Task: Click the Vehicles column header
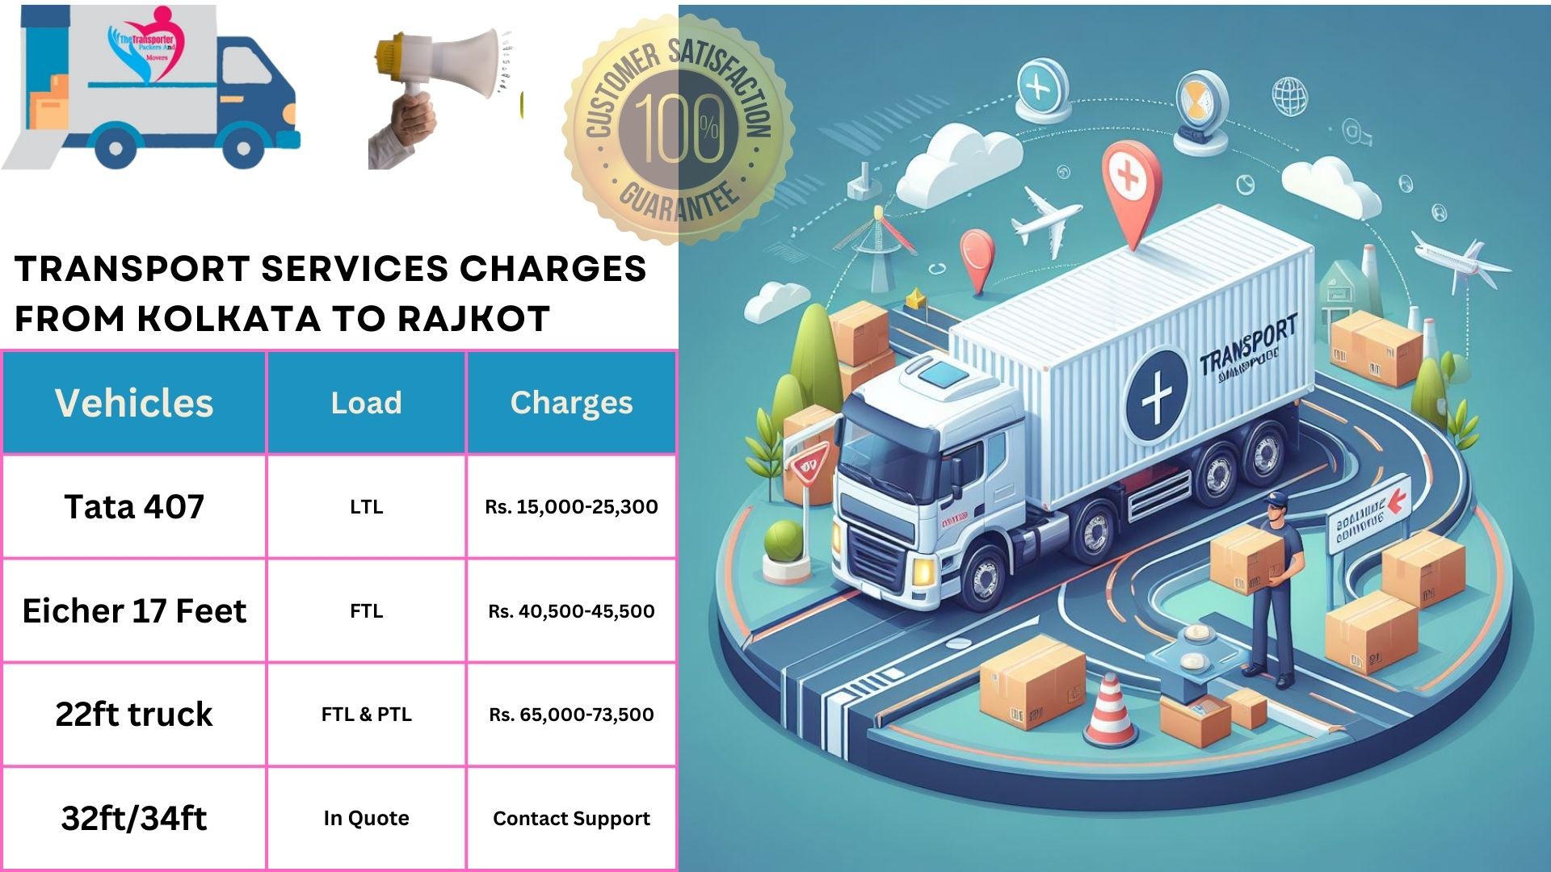(134, 402)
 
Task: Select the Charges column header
(571, 402)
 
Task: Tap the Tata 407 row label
(134, 506)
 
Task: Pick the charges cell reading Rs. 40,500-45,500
(571, 611)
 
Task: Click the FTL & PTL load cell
(366, 715)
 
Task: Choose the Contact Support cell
(571, 819)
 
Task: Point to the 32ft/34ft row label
(134, 819)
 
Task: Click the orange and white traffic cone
(1111, 711)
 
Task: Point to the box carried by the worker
(1244, 557)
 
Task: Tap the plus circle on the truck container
(1157, 395)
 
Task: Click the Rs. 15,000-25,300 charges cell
(571, 507)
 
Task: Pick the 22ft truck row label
(134, 715)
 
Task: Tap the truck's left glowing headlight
(923, 571)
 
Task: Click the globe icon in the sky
(1289, 97)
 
